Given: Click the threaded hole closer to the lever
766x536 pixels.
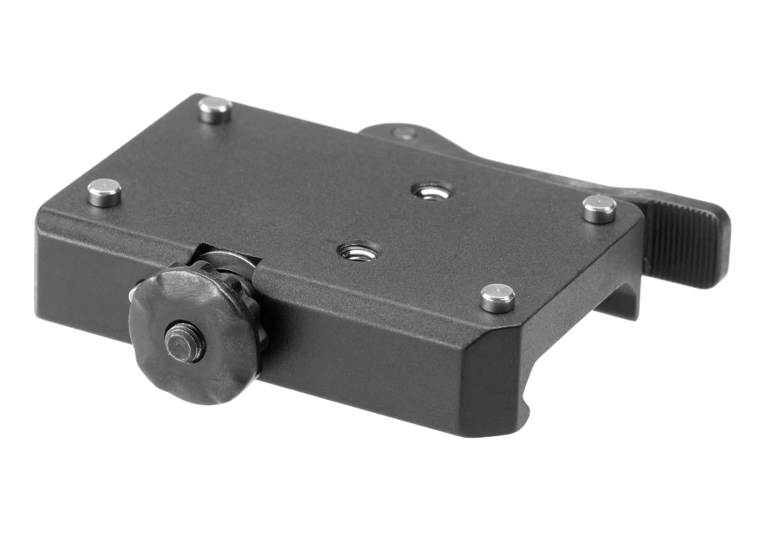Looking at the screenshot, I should point(427,191).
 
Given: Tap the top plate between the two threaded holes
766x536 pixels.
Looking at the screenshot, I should point(388,222).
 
